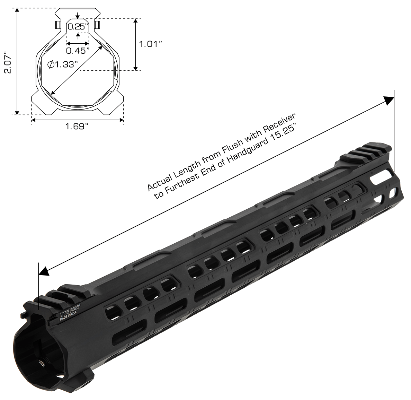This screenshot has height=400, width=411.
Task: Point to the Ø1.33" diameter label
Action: pyautogui.click(x=62, y=64)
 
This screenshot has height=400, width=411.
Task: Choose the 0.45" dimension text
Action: pyautogui.click(x=78, y=51)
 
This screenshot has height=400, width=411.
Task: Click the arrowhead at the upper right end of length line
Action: pyautogui.click(x=389, y=100)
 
